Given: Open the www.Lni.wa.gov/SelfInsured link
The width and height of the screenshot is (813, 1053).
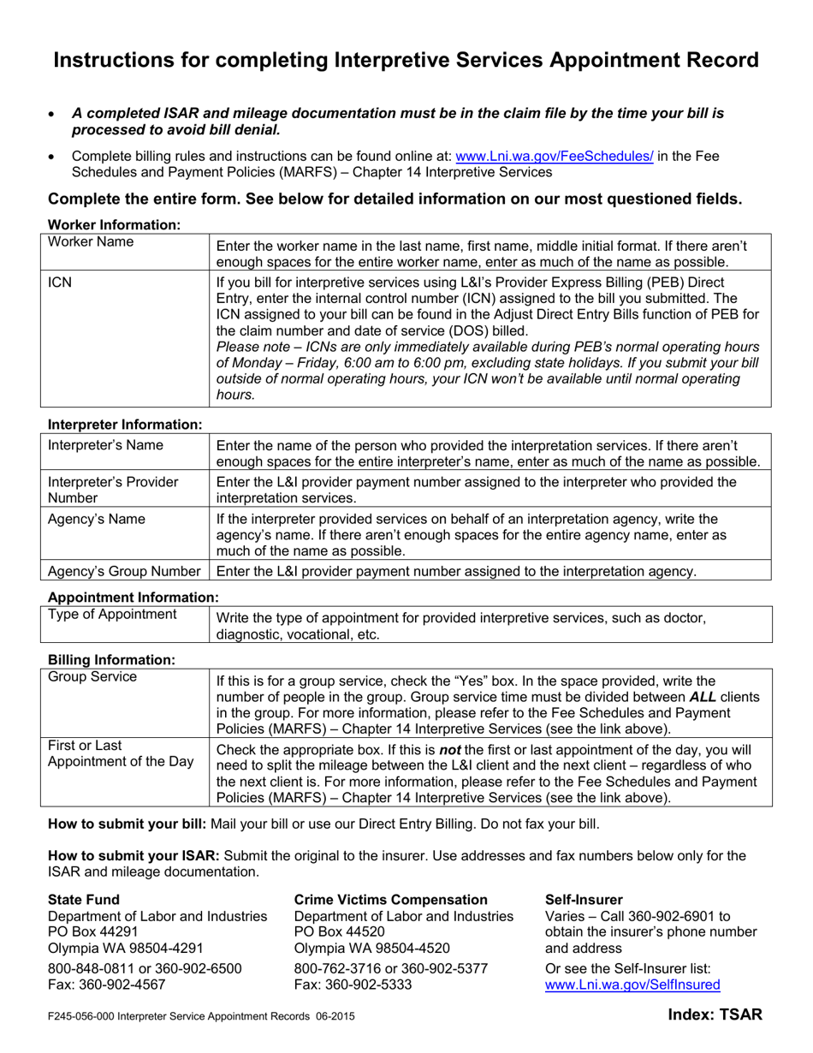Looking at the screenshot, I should (x=632, y=985).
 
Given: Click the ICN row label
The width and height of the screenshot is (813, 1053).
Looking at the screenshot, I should (x=59, y=282).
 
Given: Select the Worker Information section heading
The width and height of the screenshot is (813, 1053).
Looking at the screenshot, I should (x=114, y=224).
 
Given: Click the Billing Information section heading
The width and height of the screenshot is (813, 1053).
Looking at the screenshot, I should (x=111, y=659).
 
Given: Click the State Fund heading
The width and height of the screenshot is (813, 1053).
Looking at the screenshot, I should (x=84, y=899).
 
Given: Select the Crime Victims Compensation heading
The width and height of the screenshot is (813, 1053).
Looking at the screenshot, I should (x=390, y=899).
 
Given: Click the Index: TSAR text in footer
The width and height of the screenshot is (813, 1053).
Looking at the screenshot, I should (x=715, y=1015).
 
